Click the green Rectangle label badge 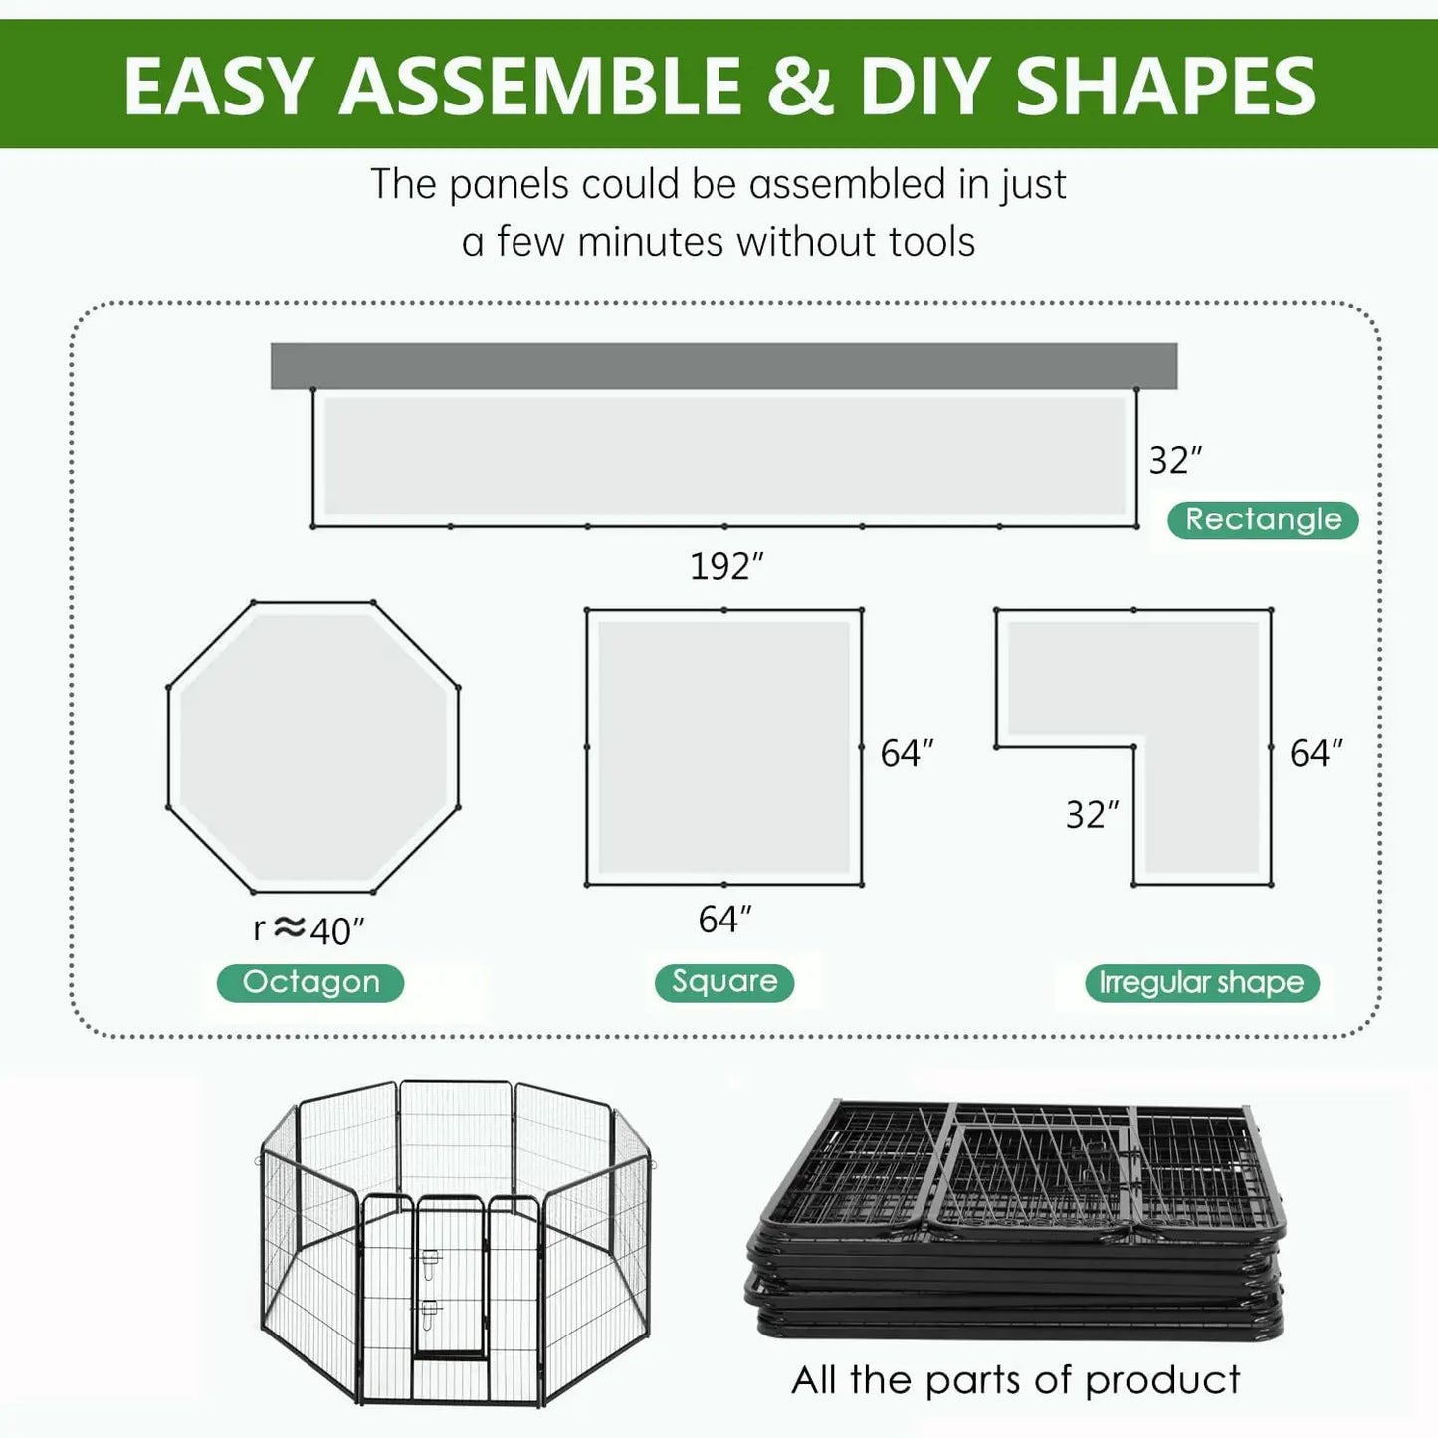coord(1263,519)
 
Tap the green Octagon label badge coord(310,983)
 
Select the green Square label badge coord(724,982)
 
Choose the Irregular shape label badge coord(1201,983)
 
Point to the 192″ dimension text coord(726,566)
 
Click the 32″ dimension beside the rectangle coord(1175,460)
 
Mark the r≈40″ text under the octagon coord(308,930)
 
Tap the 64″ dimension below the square coord(724,920)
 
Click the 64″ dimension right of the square coord(907,753)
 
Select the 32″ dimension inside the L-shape coord(1092,815)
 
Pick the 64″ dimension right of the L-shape coord(1316,753)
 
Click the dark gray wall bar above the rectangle coord(723,365)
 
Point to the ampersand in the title coord(799,86)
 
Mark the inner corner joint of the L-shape coord(1133,746)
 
